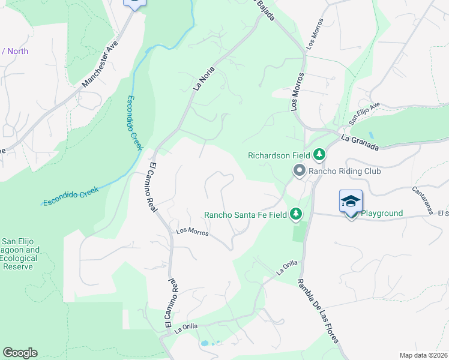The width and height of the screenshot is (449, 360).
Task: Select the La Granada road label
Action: [x=360, y=143]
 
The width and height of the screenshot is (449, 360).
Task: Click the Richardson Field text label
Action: [x=279, y=155]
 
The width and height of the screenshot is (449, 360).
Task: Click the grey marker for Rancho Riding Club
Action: [x=299, y=172]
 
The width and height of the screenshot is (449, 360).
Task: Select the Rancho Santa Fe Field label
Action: [x=246, y=214]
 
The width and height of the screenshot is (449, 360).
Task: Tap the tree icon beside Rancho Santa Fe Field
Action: [x=295, y=214]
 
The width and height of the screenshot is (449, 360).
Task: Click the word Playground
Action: [x=381, y=214]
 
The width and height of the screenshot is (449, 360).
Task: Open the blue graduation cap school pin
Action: [x=351, y=202]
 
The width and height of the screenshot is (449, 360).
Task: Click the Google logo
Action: [x=20, y=353]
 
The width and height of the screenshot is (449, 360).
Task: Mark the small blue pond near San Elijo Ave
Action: [x=370, y=136]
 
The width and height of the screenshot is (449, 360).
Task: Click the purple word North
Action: [x=18, y=51]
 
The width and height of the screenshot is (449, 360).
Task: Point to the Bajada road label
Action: [x=265, y=10]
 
